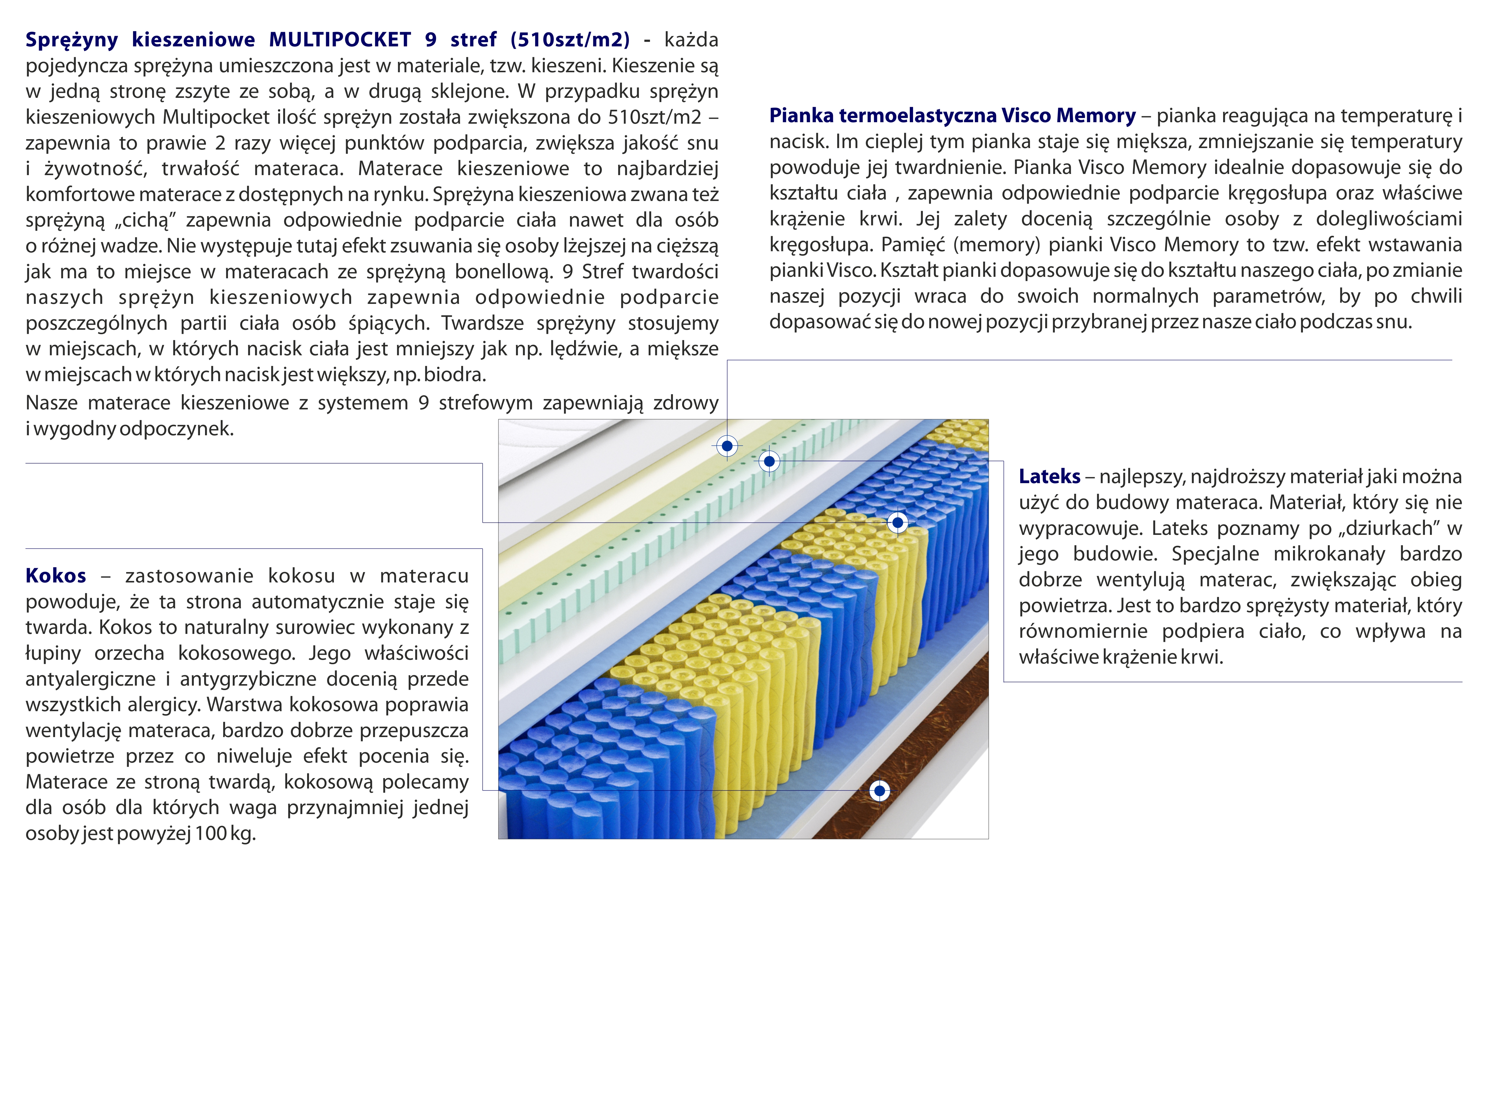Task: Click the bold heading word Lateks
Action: [x=1049, y=477]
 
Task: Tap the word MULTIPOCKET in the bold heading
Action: [x=340, y=40]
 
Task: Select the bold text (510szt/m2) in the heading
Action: [x=570, y=40]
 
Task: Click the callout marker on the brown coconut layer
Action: [x=879, y=791]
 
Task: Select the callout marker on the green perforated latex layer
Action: [x=769, y=461]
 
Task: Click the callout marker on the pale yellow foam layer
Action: [x=727, y=446]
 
